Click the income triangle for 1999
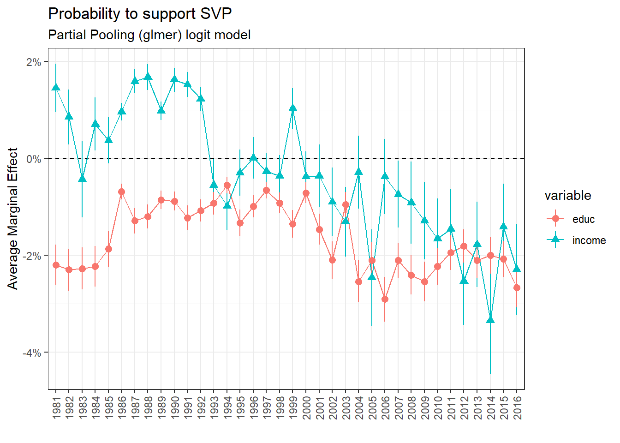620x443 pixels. [293, 108]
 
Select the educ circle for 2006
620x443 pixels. [385, 299]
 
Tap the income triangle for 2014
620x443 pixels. [490, 320]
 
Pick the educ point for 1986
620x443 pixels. [122, 192]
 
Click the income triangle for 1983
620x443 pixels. [82, 179]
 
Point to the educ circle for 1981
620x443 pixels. [56, 265]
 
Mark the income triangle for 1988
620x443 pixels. [148, 77]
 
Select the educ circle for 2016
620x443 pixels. [517, 287]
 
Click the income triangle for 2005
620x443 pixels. [372, 277]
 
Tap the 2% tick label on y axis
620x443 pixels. [34, 62]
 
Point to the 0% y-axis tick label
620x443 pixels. [34, 159]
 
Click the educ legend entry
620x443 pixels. [583, 219]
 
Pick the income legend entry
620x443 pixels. [589, 240]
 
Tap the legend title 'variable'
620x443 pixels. [567, 195]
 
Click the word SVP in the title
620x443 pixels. [216, 14]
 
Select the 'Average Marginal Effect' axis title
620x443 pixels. [13, 218]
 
